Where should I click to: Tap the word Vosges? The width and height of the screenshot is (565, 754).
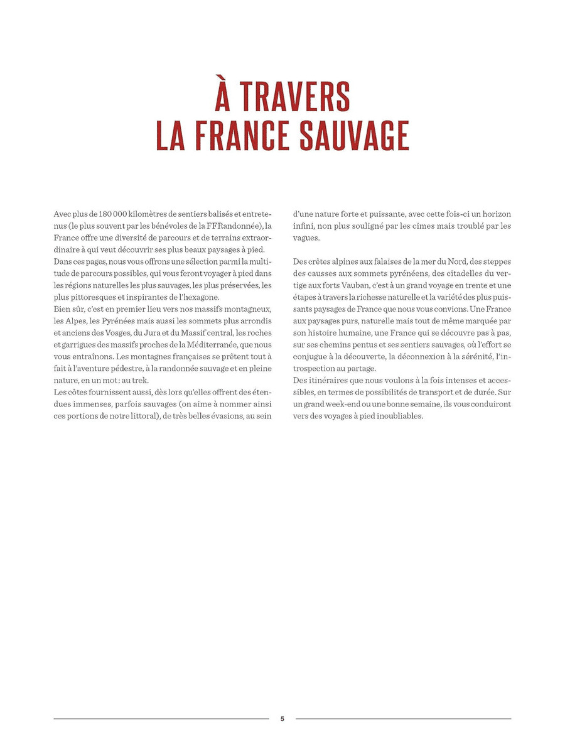(109, 331)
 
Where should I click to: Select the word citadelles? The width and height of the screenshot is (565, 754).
(452, 272)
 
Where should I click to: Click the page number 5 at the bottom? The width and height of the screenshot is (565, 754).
(282, 719)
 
